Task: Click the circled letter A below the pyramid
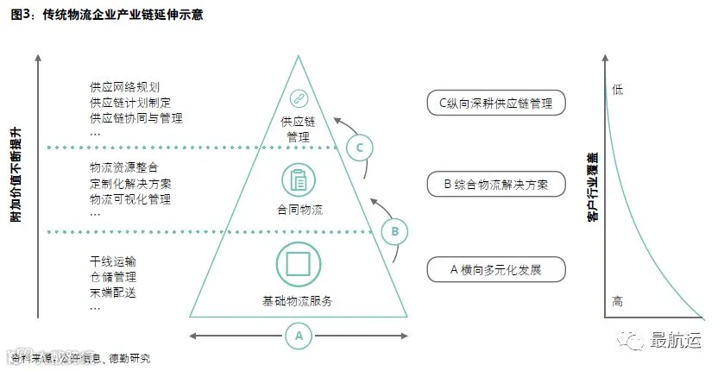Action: [299, 335]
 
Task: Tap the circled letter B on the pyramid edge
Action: [394, 231]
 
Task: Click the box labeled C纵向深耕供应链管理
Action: [495, 104]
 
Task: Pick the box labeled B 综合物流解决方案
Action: [495, 184]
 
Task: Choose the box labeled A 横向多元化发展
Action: [495, 269]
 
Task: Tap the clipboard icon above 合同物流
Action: [299, 179]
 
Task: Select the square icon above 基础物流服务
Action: [299, 264]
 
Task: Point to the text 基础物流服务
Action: [299, 302]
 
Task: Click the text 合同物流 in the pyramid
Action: [299, 210]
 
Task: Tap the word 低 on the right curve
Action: [616, 89]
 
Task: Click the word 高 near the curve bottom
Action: [616, 302]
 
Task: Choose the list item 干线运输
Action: [113, 261]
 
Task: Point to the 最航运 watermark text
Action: [676, 341]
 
